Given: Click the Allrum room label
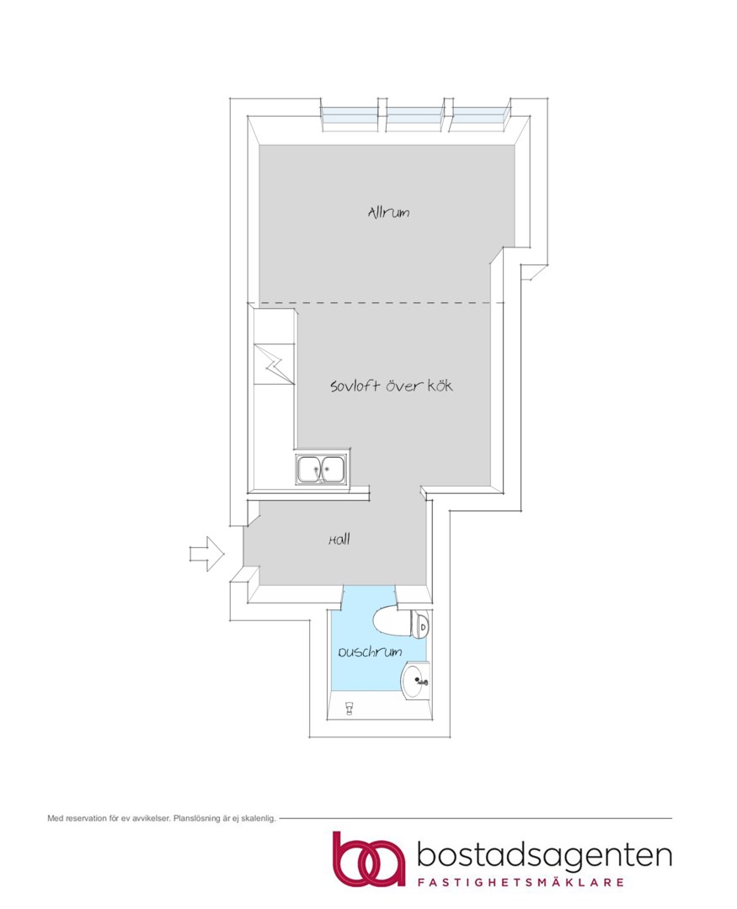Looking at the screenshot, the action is coord(388,212).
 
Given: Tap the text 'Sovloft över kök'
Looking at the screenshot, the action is coord(391,385).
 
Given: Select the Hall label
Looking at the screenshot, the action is coord(339,540).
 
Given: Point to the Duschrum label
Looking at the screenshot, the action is coord(371,652).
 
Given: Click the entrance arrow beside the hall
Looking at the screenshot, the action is coord(207,554).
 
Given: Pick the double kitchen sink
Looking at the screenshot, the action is coord(321,469).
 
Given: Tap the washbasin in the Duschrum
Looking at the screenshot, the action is coord(415,681).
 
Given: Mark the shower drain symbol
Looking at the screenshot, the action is coord(350,709).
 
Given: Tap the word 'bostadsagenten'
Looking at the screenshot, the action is coord(544,857).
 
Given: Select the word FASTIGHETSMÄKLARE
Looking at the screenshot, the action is coord(521,883).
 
